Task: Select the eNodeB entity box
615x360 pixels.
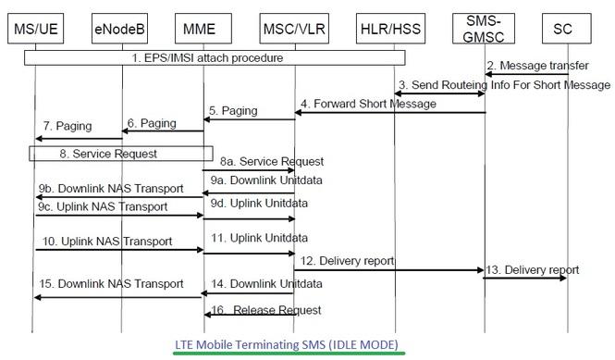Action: coord(121,30)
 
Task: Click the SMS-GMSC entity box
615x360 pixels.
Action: coord(485,30)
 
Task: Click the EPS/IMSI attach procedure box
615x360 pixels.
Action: coord(215,57)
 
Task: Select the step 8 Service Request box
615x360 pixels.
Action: coord(121,155)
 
